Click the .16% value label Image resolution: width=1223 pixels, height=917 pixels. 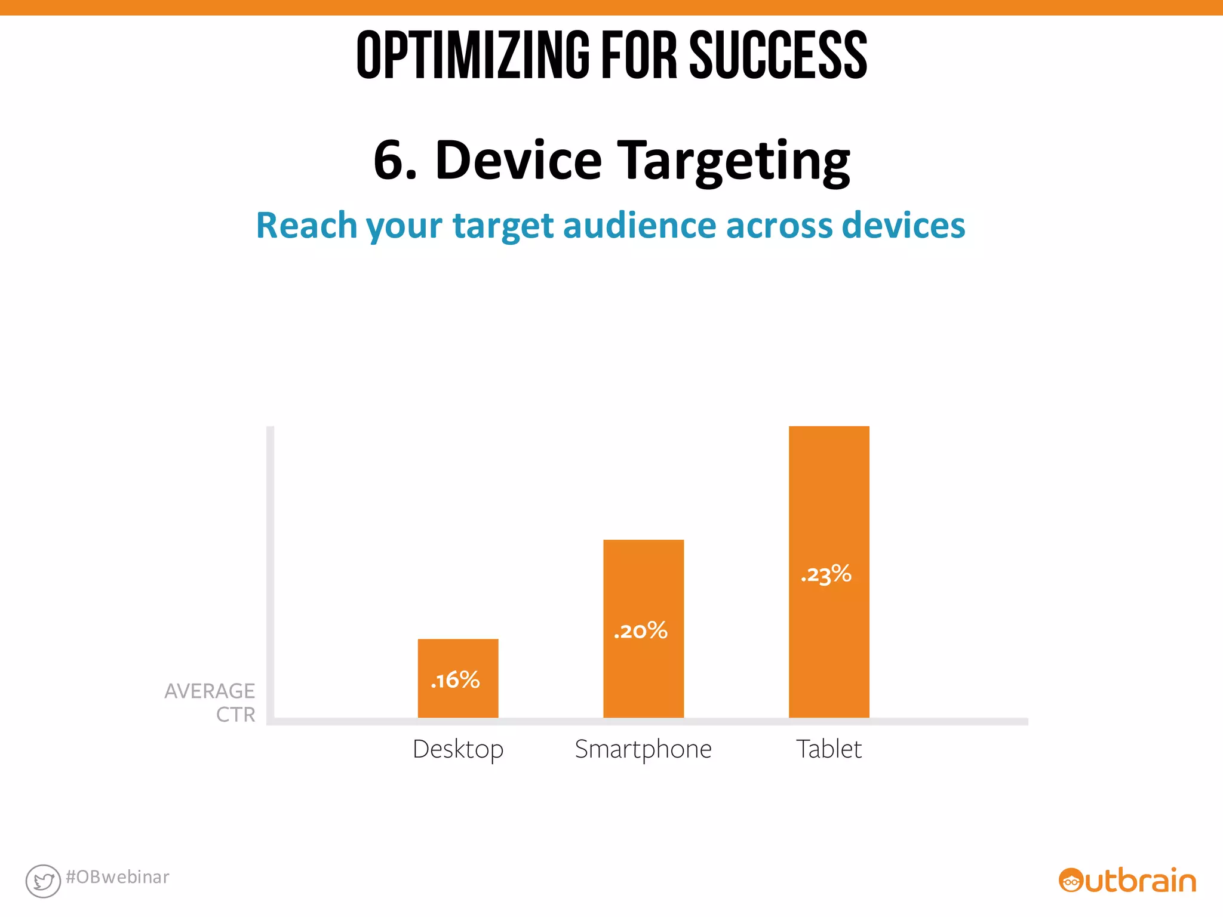tap(455, 680)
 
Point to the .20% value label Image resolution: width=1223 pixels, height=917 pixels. tap(641, 631)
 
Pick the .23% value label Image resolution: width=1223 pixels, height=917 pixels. tap(826, 574)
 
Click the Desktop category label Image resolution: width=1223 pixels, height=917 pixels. tap(458, 749)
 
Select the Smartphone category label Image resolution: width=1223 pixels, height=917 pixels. tap(643, 749)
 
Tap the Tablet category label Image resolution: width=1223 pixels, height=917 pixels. tap(829, 749)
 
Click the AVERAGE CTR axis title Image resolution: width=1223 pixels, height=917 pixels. tap(210, 702)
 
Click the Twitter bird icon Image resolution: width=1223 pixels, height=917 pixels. tap(43, 881)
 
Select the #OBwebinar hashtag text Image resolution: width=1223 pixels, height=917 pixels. tap(118, 877)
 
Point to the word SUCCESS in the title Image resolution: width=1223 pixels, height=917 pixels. tap(778, 55)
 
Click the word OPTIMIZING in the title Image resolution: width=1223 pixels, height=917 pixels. tap(472, 55)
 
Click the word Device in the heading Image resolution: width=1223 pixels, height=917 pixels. tap(518, 160)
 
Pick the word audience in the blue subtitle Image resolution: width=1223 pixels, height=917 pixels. tap(639, 226)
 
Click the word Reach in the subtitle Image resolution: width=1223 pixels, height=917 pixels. tap(306, 226)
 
